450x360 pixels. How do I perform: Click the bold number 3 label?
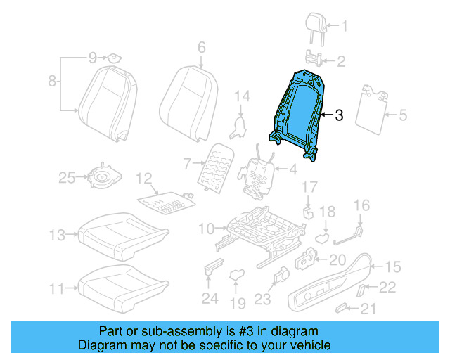point(339,115)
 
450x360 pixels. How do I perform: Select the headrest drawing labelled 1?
point(313,26)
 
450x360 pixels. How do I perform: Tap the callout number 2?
point(341,62)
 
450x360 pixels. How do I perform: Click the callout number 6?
point(201,48)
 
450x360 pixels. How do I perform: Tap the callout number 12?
point(143,179)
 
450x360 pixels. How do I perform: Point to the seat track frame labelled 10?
point(260,229)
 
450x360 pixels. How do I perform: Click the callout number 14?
point(243,96)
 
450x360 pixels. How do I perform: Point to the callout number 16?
point(361,205)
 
